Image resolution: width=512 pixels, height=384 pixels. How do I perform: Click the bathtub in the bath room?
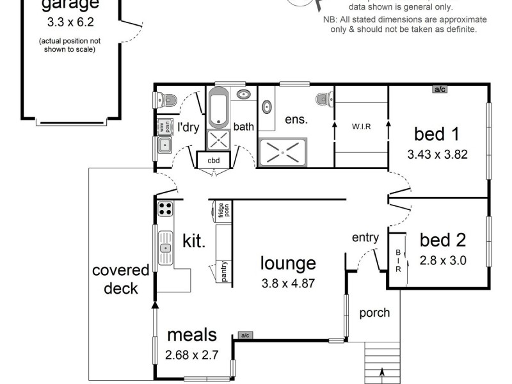[219, 108]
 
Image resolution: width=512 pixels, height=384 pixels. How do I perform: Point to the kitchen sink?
[165, 248]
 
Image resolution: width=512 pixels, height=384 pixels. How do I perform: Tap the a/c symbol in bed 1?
[440, 90]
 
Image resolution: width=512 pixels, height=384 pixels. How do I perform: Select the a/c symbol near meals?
[244, 335]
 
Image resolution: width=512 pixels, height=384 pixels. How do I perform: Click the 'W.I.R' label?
[362, 126]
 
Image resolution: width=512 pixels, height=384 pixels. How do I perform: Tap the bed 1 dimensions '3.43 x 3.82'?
[436, 154]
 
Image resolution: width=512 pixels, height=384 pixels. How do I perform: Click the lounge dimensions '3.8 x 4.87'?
[288, 282]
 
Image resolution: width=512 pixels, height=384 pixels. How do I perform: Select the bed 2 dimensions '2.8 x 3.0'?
[443, 260]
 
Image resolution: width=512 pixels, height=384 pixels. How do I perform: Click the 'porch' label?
[374, 313]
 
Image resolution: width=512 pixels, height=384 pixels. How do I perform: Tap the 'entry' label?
[365, 238]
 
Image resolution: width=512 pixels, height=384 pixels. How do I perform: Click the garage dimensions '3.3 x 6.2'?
[70, 22]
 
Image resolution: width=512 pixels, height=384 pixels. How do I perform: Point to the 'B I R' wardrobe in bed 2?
[398, 261]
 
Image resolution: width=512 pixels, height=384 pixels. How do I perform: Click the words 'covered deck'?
[120, 279]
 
